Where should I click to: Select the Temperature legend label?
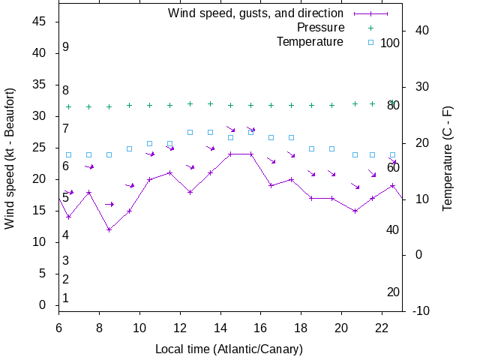pyautogui.click(x=310, y=42)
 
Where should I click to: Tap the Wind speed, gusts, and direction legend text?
pyautogui.click(x=255, y=13)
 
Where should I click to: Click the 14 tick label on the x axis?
pyautogui.click(x=220, y=328)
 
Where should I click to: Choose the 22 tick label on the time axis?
pyautogui.click(x=382, y=328)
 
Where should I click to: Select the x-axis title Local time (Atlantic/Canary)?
pyautogui.click(x=229, y=349)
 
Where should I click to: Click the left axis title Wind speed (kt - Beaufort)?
pyautogui.click(x=10, y=164)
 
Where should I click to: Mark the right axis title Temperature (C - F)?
pyautogui.click(x=448, y=157)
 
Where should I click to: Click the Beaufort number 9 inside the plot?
pyautogui.click(x=66, y=47)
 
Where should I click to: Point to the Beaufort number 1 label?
pyautogui.click(x=66, y=298)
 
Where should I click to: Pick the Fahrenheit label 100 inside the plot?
pyautogui.click(x=390, y=43)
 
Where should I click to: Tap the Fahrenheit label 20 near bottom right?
pyautogui.click(x=393, y=292)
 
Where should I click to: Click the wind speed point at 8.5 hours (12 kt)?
pyautogui.click(x=109, y=229)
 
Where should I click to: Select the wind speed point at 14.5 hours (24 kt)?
pyautogui.click(x=230, y=154)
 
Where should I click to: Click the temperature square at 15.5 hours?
pyautogui.click(x=250, y=132)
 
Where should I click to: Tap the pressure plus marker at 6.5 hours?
pyautogui.click(x=68, y=107)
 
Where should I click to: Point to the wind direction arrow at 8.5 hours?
pyautogui.click(x=109, y=204)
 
